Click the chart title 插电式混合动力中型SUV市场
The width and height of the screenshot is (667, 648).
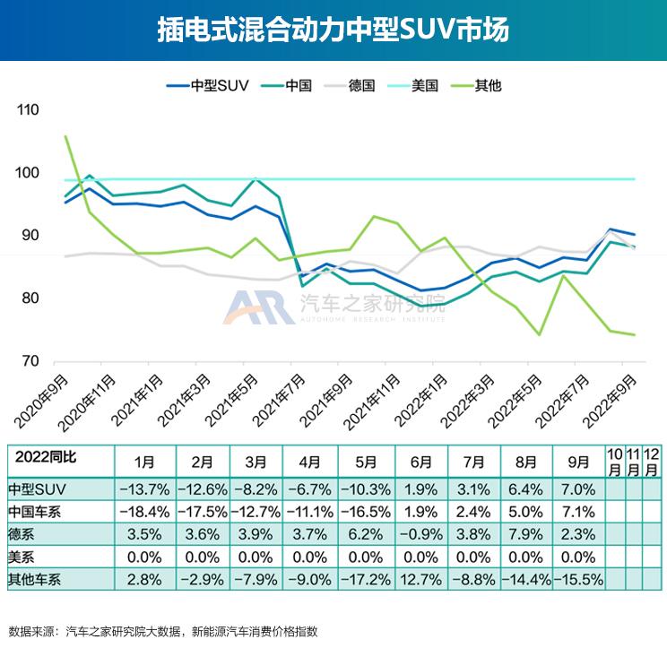pos(333,30)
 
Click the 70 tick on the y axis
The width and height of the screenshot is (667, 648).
pos(30,361)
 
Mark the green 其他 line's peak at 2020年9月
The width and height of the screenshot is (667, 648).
pos(66,136)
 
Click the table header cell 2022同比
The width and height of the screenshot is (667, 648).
pos(45,457)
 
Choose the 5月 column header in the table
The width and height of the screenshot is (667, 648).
pos(366,462)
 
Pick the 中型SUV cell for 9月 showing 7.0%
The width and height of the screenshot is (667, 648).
pos(578,490)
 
